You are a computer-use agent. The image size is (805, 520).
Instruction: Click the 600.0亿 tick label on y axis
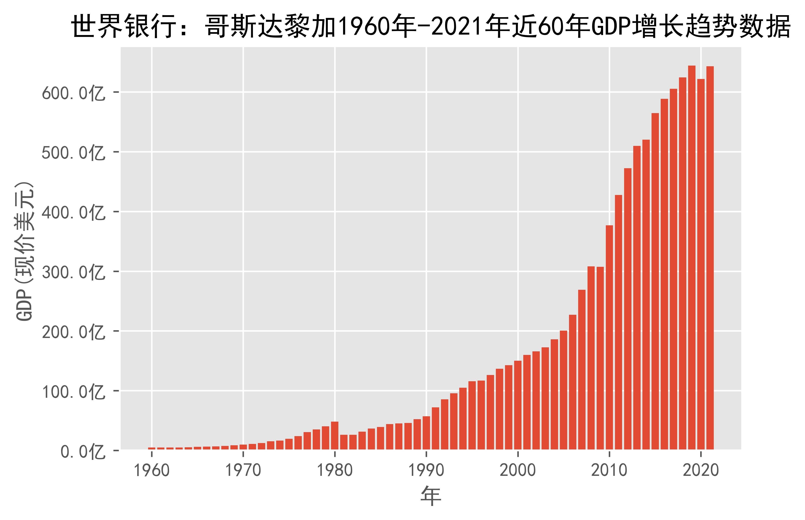[74, 93]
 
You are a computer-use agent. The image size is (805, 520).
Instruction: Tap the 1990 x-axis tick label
[426, 470]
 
